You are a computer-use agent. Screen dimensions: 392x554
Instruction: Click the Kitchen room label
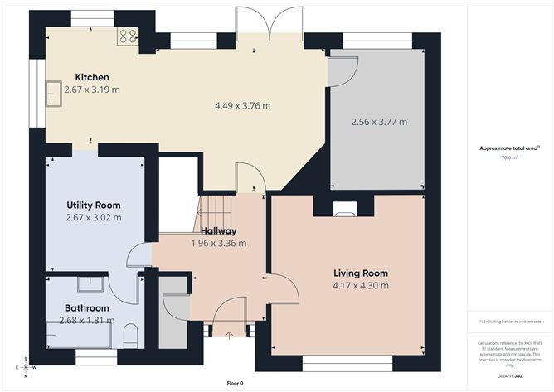coord(93,76)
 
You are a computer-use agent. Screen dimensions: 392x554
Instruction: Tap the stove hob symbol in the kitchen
coord(128,36)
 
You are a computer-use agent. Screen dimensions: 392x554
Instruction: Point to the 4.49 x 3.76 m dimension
coord(242,105)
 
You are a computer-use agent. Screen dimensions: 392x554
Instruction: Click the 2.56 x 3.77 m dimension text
coord(379,122)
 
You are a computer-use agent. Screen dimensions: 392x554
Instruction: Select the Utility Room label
coord(94,205)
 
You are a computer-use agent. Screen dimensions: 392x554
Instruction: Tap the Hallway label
coord(219,230)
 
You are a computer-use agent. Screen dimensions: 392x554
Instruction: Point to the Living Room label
coord(361,273)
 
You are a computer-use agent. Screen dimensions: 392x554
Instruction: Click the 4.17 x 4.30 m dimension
coord(361,286)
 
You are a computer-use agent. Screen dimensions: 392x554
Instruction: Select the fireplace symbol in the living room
coord(343,210)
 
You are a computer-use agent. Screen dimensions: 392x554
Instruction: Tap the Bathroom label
coord(87,307)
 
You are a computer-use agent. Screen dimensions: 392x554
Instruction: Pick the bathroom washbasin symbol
coord(90,284)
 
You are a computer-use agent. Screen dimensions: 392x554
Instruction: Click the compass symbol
coord(25,367)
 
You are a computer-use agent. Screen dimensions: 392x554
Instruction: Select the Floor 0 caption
coord(235,383)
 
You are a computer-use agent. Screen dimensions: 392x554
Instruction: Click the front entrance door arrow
coord(228,333)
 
